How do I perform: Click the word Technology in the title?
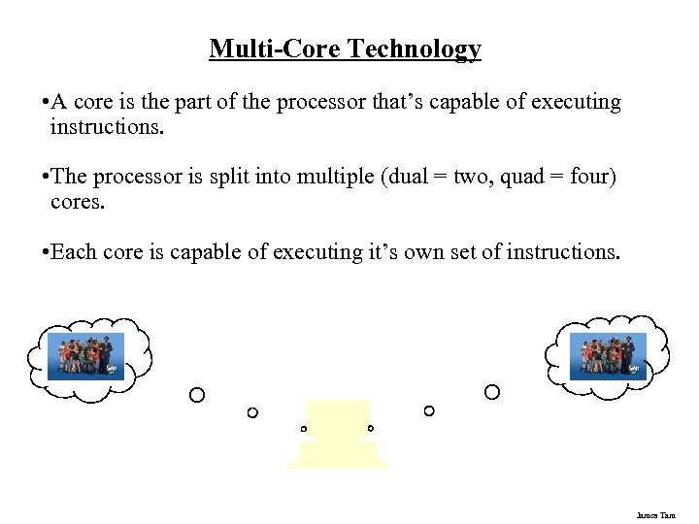click(x=419, y=49)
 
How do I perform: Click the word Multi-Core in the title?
click(x=279, y=49)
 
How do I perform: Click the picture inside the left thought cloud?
click(x=86, y=356)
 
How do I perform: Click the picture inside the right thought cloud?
click(x=608, y=356)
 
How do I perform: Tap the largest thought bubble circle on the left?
click(x=197, y=395)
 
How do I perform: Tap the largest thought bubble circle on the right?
click(x=492, y=392)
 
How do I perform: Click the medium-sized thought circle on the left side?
click(x=252, y=412)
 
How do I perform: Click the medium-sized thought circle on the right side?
click(x=429, y=410)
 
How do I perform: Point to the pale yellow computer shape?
click(x=338, y=435)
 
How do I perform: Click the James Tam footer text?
click(x=655, y=515)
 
